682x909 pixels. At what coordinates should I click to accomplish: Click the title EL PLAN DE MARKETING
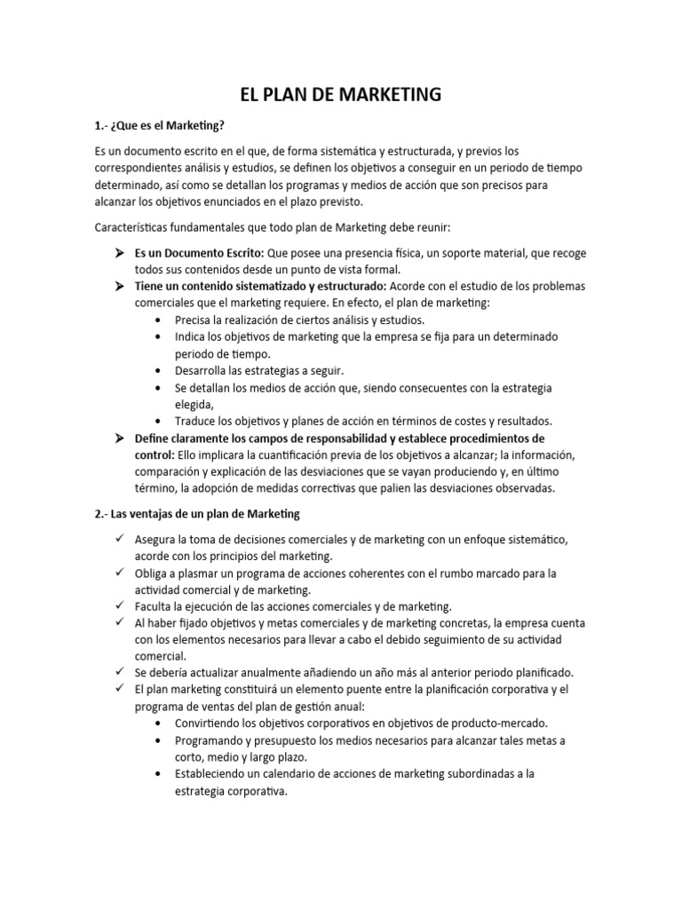pyautogui.click(x=341, y=94)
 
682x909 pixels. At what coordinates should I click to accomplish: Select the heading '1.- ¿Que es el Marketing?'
pyautogui.click(x=161, y=125)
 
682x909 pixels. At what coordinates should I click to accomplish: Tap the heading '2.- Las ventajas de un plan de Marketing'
pyautogui.click(x=197, y=514)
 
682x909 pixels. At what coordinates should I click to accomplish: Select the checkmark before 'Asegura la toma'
pyautogui.click(x=118, y=540)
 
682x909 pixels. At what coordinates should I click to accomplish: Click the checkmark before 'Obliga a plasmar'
pyautogui.click(x=118, y=573)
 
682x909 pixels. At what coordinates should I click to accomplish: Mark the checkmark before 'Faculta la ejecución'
pyautogui.click(x=118, y=606)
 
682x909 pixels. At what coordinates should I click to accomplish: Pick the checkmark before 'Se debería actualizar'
pyautogui.click(x=118, y=672)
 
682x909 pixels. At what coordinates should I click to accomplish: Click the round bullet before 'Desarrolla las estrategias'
pyautogui.click(x=158, y=370)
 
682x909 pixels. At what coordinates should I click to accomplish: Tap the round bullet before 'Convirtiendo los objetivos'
pyautogui.click(x=158, y=723)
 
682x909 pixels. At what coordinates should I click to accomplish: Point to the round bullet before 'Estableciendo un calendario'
pyautogui.click(x=158, y=774)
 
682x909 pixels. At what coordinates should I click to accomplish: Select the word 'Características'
pyautogui.click(x=135, y=228)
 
